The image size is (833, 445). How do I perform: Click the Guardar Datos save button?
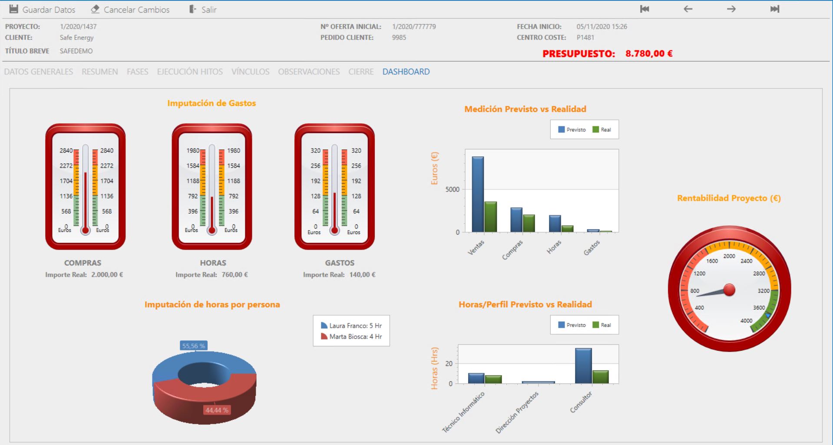coord(42,10)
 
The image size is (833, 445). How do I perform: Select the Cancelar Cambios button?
coord(130,10)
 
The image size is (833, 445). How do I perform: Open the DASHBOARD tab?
coord(406,72)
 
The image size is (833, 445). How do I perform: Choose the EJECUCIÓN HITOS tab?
coord(190,72)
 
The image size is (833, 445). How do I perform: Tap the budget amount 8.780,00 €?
coord(649,54)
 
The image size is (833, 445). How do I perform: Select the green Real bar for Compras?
coord(529,223)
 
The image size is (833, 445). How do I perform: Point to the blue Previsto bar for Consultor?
coord(583,366)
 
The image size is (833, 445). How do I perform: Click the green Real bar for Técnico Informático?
coord(493,379)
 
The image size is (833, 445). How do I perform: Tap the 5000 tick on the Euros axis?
coord(452,189)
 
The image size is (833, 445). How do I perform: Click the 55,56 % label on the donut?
coord(194,346)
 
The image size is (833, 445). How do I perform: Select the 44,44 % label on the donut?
coord(217,410)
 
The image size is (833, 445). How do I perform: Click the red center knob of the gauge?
coord(729,290)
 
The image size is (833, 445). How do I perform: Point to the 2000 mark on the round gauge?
coord(729,256)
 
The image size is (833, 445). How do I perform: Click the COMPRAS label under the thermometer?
coord(83,263)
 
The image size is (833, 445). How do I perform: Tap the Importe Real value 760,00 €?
coord(235,275)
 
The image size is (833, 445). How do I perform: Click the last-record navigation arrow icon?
coord(775,9)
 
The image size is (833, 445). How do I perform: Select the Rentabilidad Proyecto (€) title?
coord(729,198)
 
